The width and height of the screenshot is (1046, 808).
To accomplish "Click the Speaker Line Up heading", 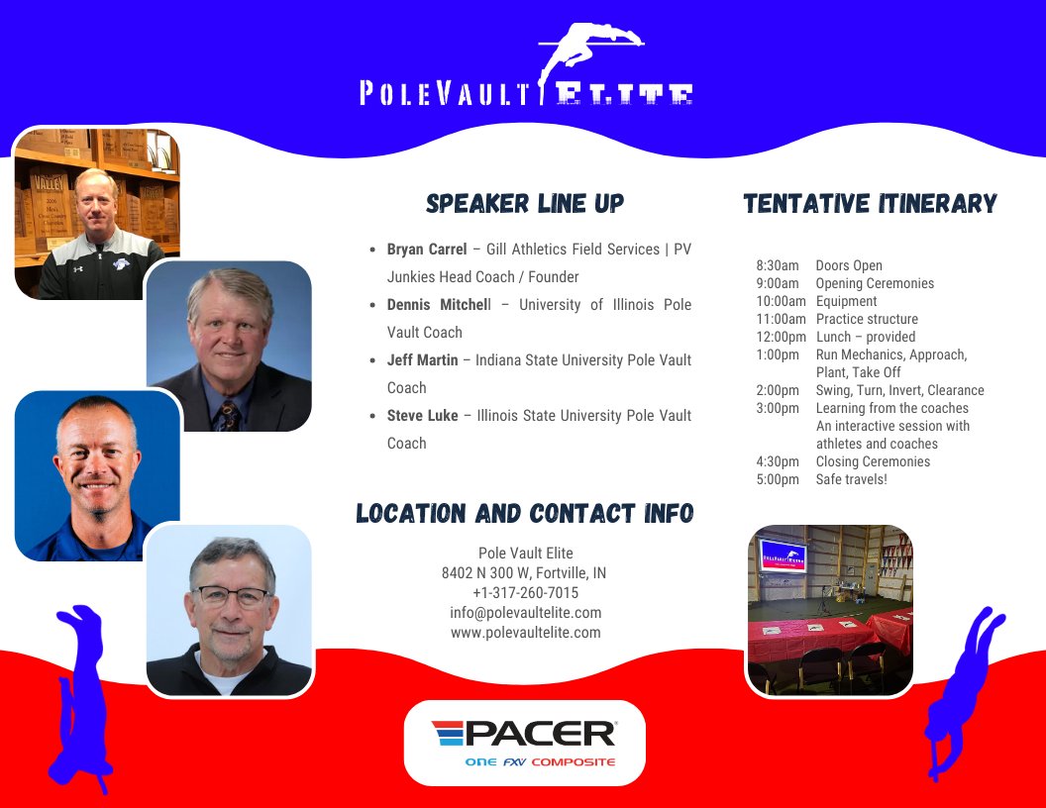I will click(525, 204).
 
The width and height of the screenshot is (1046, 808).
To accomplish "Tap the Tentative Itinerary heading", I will click(870, 204).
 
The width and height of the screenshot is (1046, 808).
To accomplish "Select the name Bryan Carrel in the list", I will click(427, 250).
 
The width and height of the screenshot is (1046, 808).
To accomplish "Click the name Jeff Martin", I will click(423, 360).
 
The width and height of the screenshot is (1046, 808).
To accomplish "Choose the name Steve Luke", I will click(423, 416).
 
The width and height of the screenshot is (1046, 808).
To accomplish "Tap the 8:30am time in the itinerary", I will click(778, 265).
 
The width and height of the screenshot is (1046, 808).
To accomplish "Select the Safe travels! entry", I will click(852, 479).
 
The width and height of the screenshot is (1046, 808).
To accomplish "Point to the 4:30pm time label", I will click(778, 461).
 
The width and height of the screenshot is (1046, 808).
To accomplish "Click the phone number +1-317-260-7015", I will click(525, 593).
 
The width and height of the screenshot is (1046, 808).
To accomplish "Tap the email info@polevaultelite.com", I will click(525, 613).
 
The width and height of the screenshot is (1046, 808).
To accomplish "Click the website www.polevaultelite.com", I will click(525, 633).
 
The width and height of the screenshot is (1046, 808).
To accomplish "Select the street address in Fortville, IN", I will click(525, 573).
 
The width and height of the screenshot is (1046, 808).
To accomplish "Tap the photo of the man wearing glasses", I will click(230, 609).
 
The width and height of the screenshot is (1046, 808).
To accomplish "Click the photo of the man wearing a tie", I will click(229, 346).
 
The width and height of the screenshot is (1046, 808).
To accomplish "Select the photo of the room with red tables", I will click(829, 609).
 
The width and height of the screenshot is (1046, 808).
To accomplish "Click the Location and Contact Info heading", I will click(525, 514).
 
